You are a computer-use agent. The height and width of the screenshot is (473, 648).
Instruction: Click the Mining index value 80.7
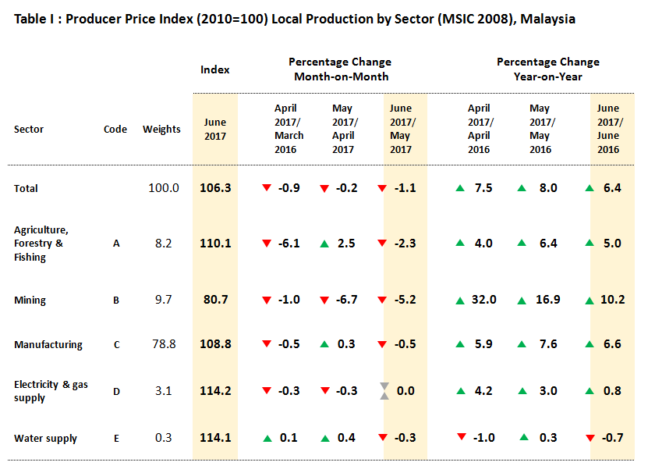215,300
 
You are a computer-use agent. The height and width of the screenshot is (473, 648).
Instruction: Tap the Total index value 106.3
215,188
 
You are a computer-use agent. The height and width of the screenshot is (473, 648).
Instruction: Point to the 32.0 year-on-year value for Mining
483,300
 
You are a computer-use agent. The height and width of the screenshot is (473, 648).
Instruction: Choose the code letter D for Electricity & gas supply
116,392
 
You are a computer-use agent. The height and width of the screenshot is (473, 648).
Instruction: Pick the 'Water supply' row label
45,439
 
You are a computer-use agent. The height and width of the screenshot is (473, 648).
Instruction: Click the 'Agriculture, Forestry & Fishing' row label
41,244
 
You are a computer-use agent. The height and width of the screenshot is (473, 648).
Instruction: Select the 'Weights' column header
161,130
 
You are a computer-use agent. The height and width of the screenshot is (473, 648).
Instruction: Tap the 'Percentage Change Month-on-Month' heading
340,69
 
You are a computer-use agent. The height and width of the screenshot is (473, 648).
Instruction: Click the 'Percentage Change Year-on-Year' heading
547,69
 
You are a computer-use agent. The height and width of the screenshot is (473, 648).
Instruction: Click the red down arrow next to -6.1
267,244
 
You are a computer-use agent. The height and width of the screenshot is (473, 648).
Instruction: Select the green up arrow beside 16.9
526,300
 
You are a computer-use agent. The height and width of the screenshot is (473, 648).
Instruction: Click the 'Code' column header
115,130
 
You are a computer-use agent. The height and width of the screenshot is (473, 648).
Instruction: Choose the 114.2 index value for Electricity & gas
215,391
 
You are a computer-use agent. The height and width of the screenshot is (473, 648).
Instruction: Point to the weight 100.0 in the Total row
164,188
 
